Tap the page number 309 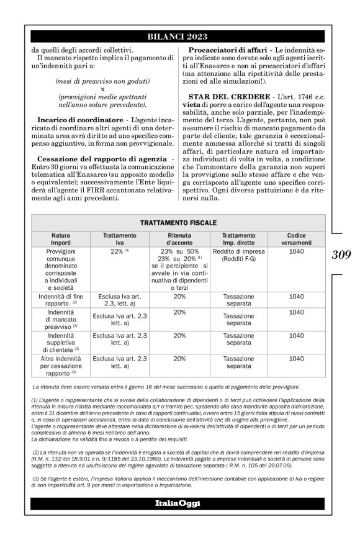[x=340, y=254]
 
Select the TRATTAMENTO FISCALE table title [x=178, y=222]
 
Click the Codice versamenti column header [x=296, y=239]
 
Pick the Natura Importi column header [x=61, y=239]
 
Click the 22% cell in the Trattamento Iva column [x=119, y=252]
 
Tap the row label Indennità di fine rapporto [x=61, y=300]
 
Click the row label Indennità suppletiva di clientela [x=61, y=343]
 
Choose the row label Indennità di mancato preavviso [x=61, y=319]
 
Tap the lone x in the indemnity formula [x=102, y=89]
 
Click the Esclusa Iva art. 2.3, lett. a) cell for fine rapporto [x=119, y=300]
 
